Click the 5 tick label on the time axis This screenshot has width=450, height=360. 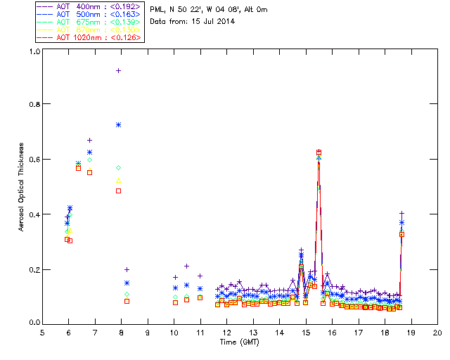(x=42, y=332)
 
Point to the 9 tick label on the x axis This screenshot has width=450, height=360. (x=148, y=332)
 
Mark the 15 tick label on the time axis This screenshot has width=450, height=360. (x=306, y=332)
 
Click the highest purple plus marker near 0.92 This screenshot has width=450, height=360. (x=118, y=70)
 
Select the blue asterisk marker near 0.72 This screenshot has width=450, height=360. (x=118, y=124)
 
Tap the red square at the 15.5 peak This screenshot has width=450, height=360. (x=319, y=152)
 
